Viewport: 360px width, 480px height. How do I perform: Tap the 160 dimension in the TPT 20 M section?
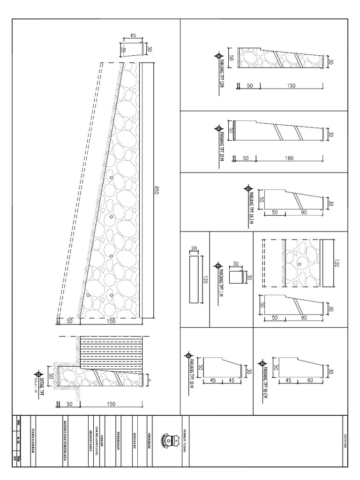coord(289,158)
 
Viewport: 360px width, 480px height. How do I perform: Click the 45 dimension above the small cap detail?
coord(133,35)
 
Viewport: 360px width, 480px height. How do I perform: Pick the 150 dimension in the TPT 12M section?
coord(291,86)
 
